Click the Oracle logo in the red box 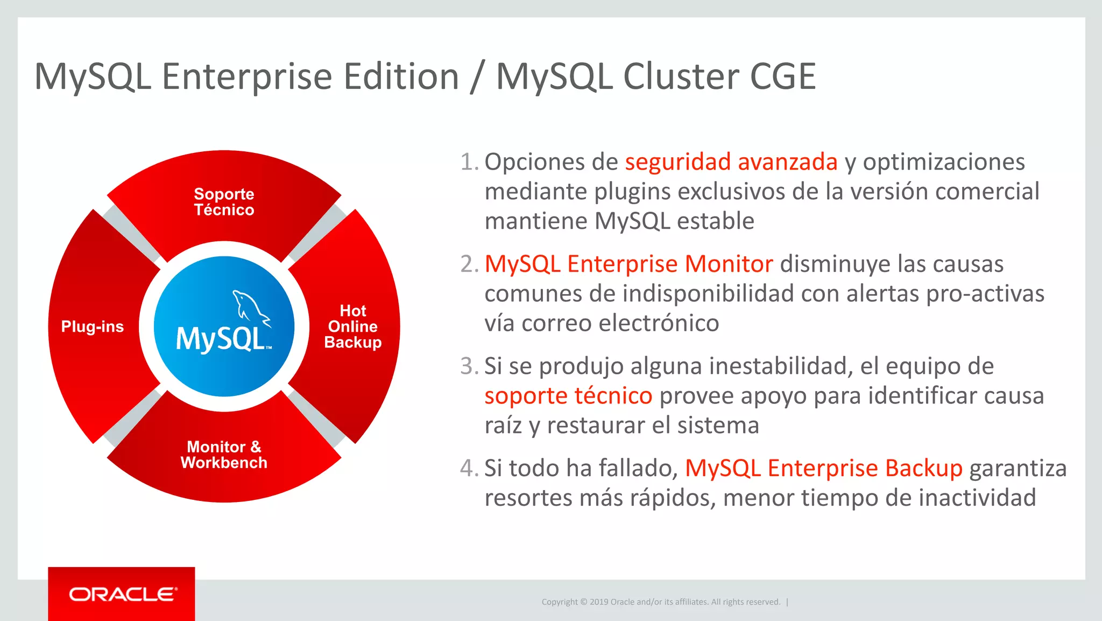[123, 594]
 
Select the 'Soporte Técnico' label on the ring [224, 202]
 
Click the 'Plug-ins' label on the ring [93, 326]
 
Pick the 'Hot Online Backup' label [353, 326]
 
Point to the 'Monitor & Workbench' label [224, 455]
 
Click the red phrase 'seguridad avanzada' [731, 162]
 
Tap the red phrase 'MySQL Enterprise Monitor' [628, 264]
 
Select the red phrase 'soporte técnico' [568, 396]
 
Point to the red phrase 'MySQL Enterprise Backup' [823, 468]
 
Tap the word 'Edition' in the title [401, 76]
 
